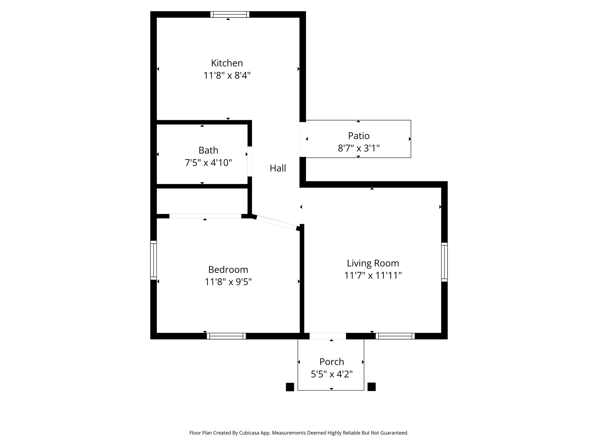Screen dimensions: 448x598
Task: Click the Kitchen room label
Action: click(227, 63)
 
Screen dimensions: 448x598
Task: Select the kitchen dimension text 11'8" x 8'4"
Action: click(227, 76)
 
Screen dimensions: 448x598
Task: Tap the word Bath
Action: click(208, 150)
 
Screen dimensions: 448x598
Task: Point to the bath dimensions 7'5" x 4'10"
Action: click(208, 163)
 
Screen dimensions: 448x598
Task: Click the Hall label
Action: click(278, 168)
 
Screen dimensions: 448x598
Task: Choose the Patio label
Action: click(359, 136)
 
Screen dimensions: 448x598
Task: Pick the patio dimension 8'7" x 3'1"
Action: click(359, 148)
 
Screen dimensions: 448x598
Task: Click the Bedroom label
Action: click(228, 269)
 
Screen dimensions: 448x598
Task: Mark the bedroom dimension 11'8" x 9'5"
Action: click(228, 282)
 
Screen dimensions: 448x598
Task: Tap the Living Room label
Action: click(373, 263)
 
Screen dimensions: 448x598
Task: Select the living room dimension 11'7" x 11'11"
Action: click(373, 276)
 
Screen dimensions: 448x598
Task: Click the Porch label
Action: click(331, 362)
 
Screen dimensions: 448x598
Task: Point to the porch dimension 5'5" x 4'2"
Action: click(331, 374)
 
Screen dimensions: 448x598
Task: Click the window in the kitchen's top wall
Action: click(230, 15)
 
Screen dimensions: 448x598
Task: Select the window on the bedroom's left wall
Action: click(153, 260)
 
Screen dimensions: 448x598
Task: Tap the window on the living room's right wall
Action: click(444, 262)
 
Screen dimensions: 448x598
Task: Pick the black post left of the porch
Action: click(290, 387)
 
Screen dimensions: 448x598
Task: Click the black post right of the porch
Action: click(371, 387)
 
